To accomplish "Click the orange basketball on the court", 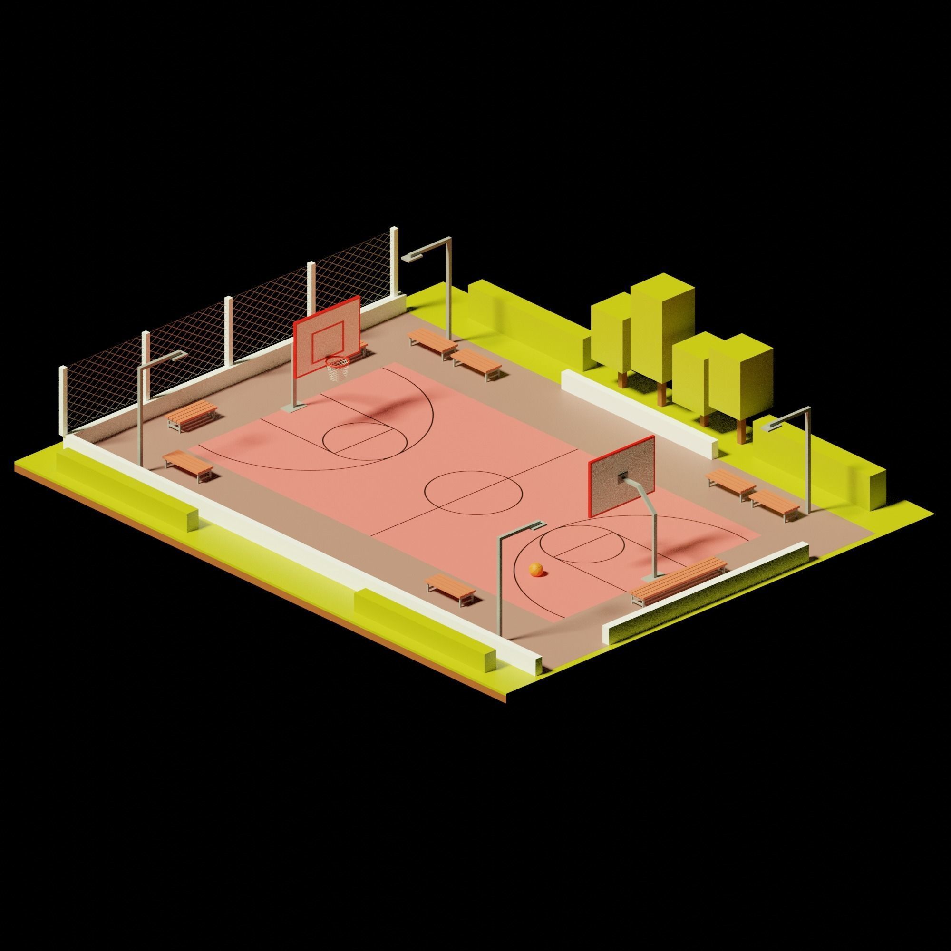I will tap(536, 569).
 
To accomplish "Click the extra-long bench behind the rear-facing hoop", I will tap(679, 581).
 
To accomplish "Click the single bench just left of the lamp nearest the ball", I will tap(450, 589).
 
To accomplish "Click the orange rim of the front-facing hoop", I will tap(337, 361).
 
